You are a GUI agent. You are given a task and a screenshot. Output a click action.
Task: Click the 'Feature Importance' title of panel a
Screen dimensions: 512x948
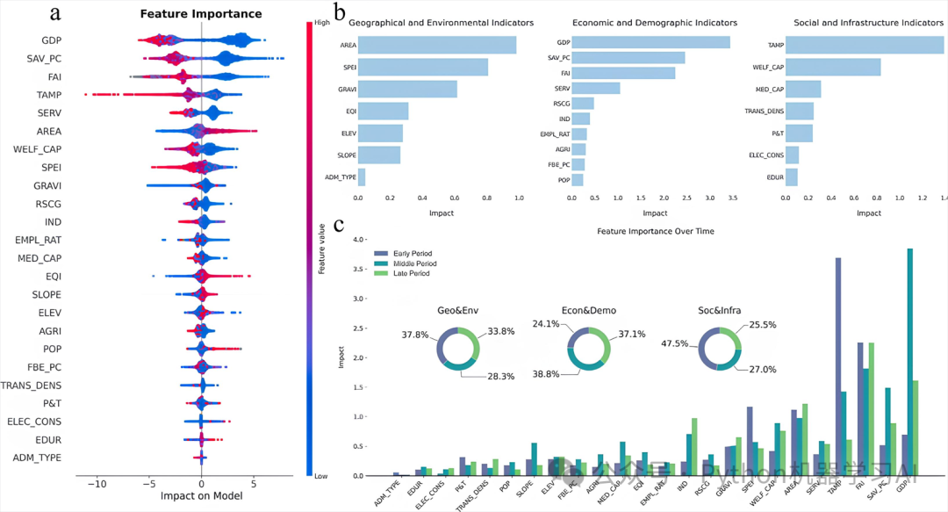point(201,13)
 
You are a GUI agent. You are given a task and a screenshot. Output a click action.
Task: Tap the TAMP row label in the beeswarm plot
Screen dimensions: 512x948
point(48,95)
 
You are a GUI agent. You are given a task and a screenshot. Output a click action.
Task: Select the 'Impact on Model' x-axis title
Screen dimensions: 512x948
point(201,494)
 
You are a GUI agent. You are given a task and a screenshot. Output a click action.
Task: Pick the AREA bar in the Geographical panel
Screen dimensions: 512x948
point(437,44)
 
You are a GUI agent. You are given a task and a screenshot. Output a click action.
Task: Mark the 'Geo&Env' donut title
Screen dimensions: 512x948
point(458,310)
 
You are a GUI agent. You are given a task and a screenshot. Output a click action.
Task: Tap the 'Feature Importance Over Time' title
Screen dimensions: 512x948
point(655,231)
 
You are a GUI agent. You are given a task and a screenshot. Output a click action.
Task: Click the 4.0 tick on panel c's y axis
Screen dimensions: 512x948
point(358,239)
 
